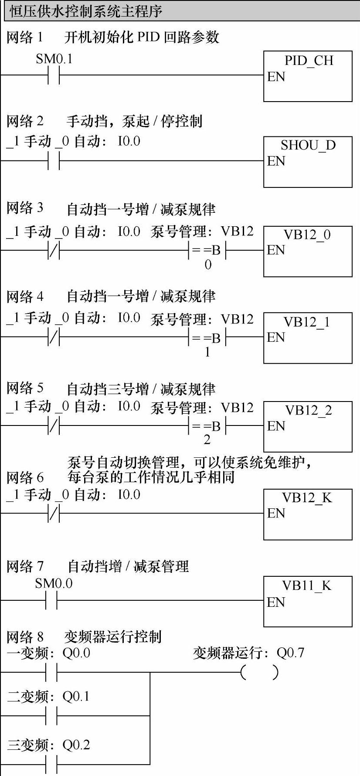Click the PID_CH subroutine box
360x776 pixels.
(308, 76)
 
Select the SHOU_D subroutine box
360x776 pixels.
(308, 162)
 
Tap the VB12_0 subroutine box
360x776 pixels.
(308, 251)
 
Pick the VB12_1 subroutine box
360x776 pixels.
(308, 338)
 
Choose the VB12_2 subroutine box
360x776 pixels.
(308, 426)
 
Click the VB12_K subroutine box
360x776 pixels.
(308, 514)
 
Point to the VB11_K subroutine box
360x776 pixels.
(308, 602)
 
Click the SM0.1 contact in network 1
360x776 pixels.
(54, 75)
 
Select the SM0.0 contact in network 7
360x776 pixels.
(51, 600)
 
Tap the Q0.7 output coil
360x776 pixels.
(259, 672)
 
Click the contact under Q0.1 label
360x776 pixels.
(51, 715)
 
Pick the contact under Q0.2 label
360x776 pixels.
(51, 765)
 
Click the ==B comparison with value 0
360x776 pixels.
(207, 251)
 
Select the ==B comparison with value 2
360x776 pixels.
(207, 426)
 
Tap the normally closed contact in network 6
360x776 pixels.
(54, 513)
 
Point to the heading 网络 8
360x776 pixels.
(25, 637)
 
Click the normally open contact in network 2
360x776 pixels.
(54, 161)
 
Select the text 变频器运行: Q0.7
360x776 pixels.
(248, 653)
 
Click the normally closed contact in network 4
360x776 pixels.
(54, 337)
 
